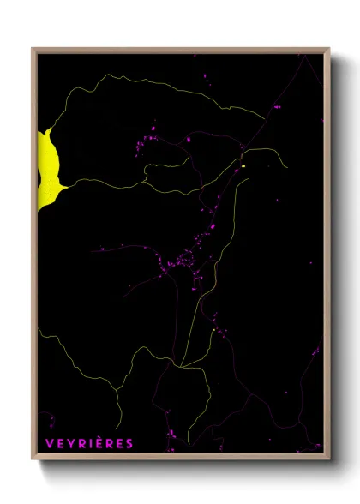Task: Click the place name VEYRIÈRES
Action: coord(89,443)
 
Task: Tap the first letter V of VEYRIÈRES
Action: coord(49,443)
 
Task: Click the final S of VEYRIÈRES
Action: coord(129,443)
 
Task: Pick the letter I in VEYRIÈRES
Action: coord(91,443)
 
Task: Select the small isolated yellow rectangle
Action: coord(243,165)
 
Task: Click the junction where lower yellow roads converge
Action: coord(182,366)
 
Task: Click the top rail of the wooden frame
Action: coord(180,50)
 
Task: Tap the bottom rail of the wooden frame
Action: coord(180,457)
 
